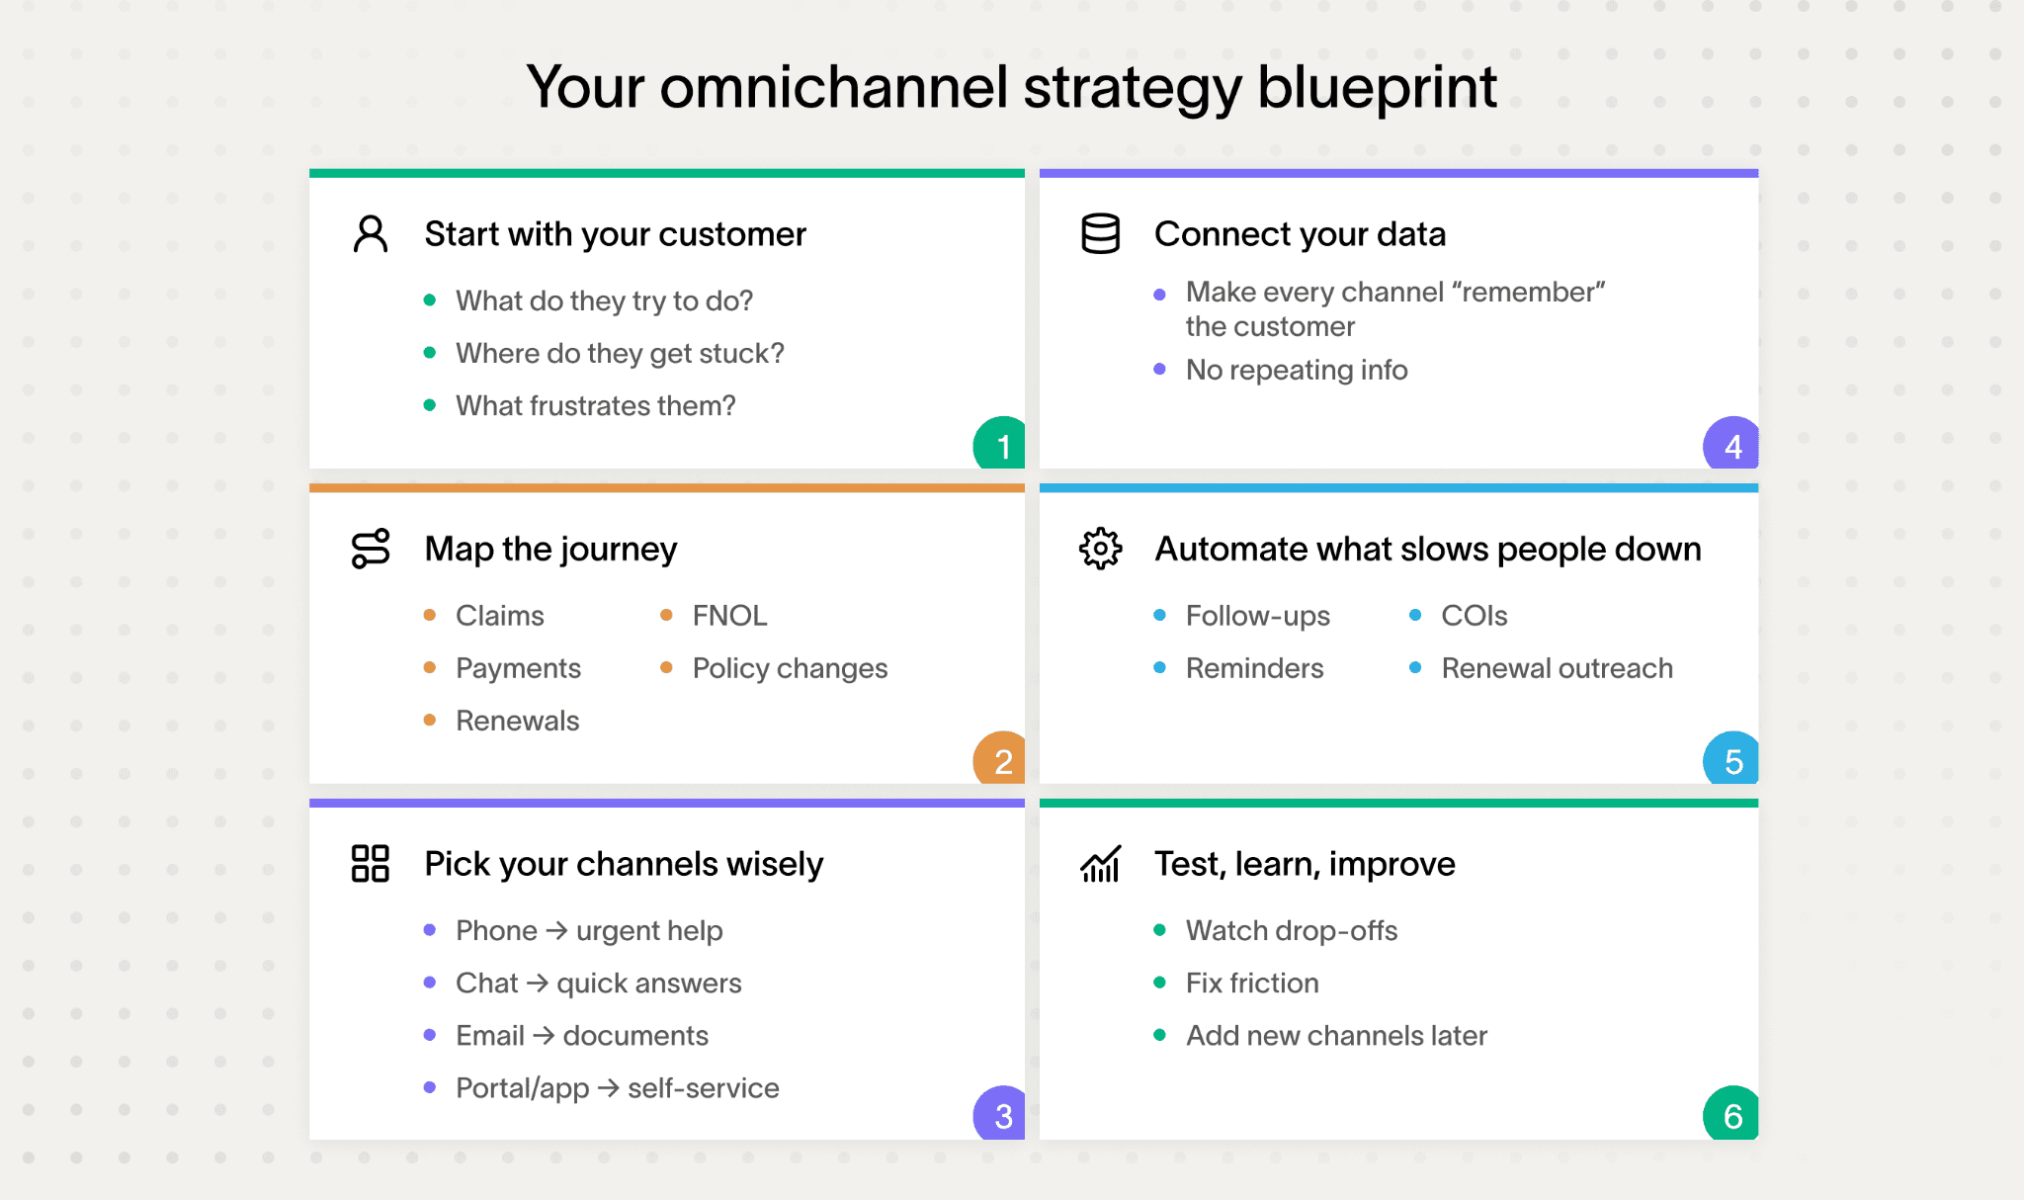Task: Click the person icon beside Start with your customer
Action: click(x=371, y=234)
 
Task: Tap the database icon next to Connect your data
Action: click(x=1100, y=234)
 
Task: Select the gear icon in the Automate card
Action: click(x=1100, y=549)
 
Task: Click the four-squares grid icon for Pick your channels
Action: click(x=371, y=863)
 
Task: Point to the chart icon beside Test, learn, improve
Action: click(x=1100, y=864)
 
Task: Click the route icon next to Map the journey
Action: click(x=371, y=549)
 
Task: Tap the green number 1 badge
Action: click(x=1001, y=445)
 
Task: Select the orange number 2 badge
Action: click(x=1001, y=759)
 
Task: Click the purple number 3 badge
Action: click(x=1001, y=1114)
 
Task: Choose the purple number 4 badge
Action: click(x=1731, y=445)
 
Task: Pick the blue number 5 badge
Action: click(x=1731, y=759)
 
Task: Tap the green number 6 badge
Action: click(x=1731, y=1114)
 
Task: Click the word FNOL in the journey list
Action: click(x=729, y=616)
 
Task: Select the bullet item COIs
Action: click(x=1474, y=616)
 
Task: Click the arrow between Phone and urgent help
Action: click(x=556, y=930)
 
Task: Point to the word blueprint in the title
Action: click(x=1377, y=87)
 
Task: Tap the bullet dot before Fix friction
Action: click(x=1160, y=983)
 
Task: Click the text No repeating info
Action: click(x=1297, y=370)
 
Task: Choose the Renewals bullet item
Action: click(x=517, y=721)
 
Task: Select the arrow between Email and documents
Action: click(x=544, y=1035)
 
